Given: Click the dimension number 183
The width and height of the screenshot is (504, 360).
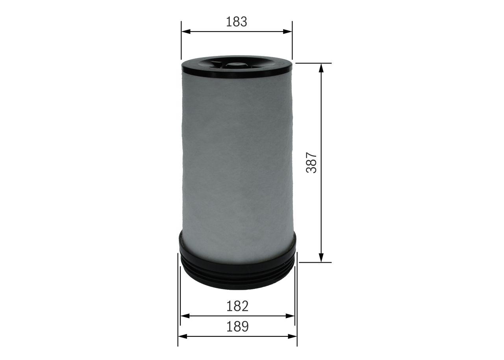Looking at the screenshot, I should pyautogui.click(x=237, y=22).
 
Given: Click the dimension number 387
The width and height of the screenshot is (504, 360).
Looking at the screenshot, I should pyautogui.click(x=312, y=162).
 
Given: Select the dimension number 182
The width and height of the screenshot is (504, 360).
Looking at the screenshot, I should pyautogui.click(x=237, y=306).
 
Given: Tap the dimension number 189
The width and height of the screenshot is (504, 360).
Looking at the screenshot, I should pyautogui.click(x=237, y=326).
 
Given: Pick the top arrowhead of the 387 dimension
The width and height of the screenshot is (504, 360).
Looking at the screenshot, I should pyautogui.click(x=321, y=67).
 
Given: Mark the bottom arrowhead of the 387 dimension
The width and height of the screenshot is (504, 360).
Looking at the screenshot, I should pyautogui.click(x=321, y=258).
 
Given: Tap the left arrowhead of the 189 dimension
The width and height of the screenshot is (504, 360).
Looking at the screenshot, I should pyautogui.click(x=182, y=336).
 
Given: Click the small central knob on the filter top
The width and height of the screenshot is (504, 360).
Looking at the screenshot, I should pyautogui.click(x=236, y=64).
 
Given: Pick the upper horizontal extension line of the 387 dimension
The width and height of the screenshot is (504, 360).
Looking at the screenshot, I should pyautogui.click(x=313, y=63).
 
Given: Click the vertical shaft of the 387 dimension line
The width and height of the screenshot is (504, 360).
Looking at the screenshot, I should pyautogui.click(x=321, y=118).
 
